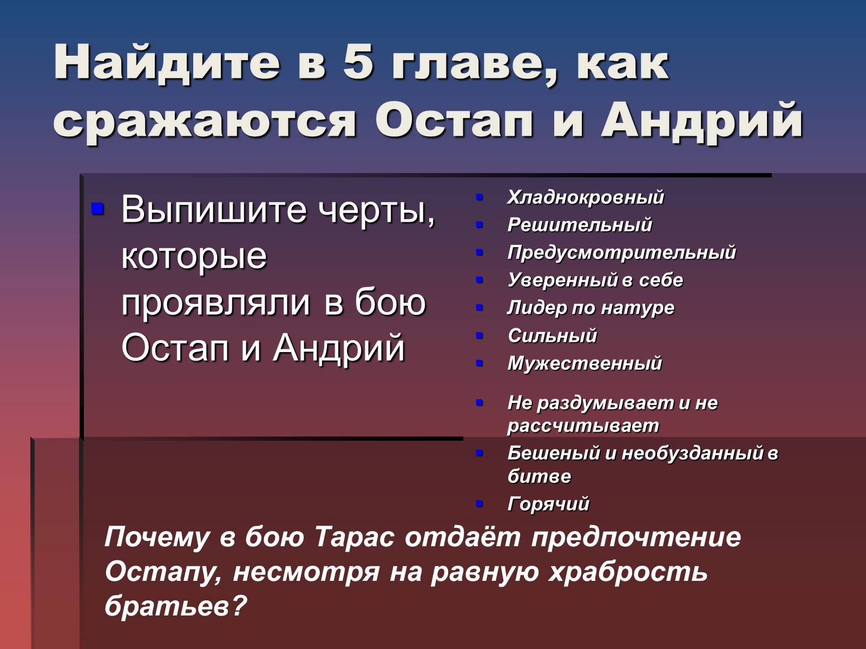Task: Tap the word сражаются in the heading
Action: pos(205,120)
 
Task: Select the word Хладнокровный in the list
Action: pos(586,197)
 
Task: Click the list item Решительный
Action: pos(580,225)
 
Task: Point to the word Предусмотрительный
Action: pos(622,253)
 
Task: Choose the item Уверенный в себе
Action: pos(595,280)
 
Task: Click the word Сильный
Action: pos(552,336)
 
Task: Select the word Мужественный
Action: pos(585,363)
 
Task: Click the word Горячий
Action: pos(548,504)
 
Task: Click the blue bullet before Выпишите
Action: pos(97,208)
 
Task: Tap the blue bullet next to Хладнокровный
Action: pos(480,197)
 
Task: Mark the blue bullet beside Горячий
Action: pos(480,504)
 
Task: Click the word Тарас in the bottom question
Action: pos(355,537)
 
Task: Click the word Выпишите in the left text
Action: pos(213,209)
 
